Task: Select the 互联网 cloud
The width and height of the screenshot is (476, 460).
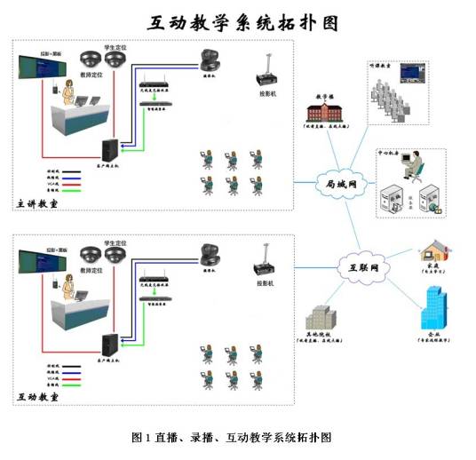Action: tap(358, 265)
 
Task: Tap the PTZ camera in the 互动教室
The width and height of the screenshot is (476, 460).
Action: tap(210, 254)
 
